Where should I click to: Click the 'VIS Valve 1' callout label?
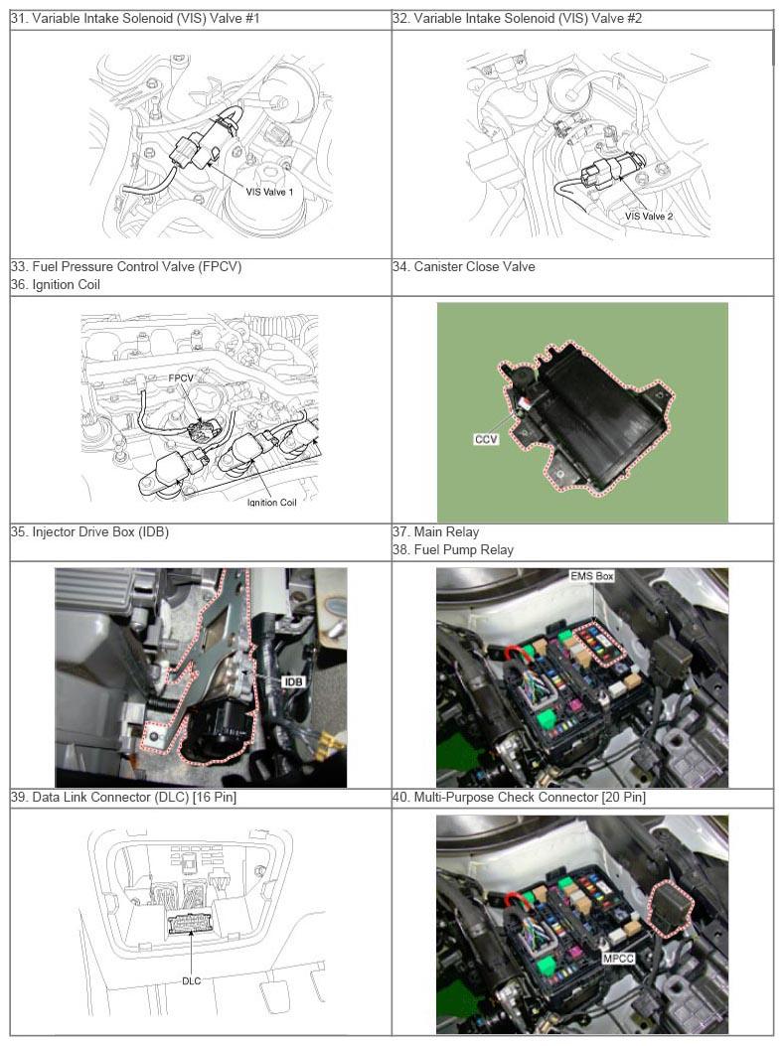(x=269, y=192)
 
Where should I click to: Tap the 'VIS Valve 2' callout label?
(x=649, y=217)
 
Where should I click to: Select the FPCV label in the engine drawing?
(x=180, y=378)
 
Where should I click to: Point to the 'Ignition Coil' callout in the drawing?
(x=271, y=503)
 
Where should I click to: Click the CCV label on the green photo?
(x=486, y=440)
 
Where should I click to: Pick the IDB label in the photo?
(x=293, y=681)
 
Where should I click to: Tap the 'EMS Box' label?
(x=592, y=576)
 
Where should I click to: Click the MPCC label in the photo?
(x=618, y=958)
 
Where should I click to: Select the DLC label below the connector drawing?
(x=192, y=980)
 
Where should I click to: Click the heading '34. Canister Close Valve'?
(x=464, y=267)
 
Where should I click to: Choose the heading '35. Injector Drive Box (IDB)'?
(x=89, y=531)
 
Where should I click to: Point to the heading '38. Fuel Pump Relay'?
(x=453, y=549)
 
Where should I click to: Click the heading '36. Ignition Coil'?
(x=56, y=284)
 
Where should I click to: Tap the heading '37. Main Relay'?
(x=435, y=531)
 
